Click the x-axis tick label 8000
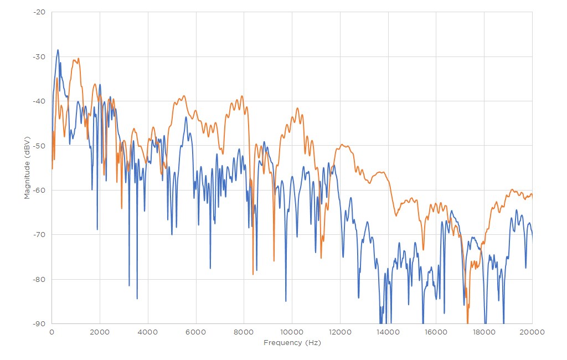click(244, 331)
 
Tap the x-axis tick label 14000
click(388, 331)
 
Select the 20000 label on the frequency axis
click(532, 331)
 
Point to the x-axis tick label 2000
click(100, 331)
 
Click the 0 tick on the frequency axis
click(51, 331)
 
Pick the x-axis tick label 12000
click(340, 331)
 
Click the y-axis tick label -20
click(39, 12)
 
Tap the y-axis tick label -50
click(39, 146)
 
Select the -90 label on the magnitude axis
click(39, 323)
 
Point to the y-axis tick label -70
click(39, 235)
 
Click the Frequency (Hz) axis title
click(292, 343)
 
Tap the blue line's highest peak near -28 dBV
click(58, 50)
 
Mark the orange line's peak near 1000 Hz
click(78, 58)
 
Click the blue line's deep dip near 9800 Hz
click(286, 301)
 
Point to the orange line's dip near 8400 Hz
click(253, 274)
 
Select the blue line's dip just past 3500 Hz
click(137, 298)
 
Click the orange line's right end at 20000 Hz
click(532, 194)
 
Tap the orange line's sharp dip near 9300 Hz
click(274, 260)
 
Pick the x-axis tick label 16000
click(436, 331)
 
